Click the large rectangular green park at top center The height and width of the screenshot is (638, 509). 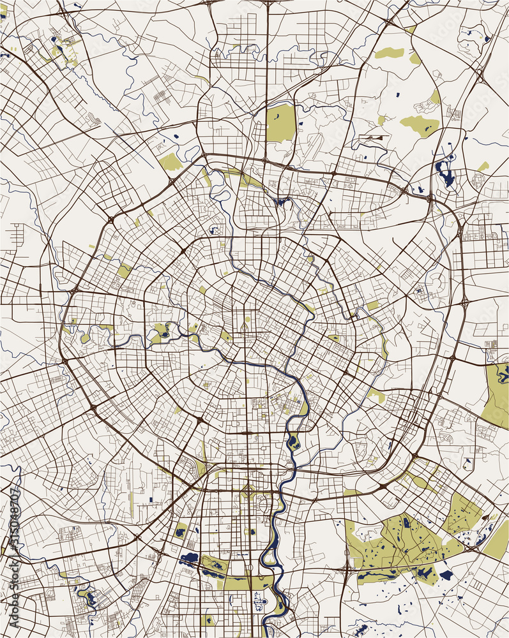281,123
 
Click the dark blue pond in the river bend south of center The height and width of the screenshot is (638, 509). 293,441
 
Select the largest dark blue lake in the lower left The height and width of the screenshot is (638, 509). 190,560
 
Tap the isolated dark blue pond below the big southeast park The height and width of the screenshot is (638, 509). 446,575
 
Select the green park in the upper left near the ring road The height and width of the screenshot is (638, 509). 170,162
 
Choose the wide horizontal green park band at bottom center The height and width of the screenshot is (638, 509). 247,582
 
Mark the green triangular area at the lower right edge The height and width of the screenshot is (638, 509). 497,540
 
